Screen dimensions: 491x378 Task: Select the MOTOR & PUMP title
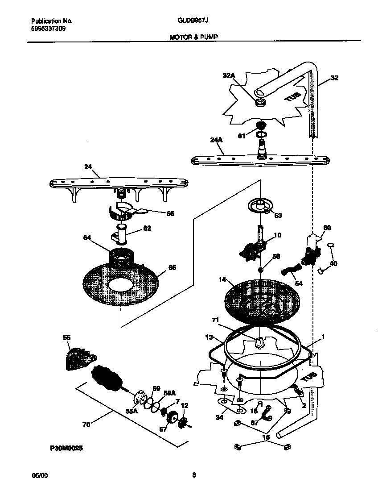pos(193,37)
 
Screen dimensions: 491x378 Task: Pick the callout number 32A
pos(229,76)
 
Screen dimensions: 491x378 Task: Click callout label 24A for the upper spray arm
pos(216,140)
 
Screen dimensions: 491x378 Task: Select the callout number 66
pos(157,214)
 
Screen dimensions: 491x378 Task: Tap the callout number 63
pos(278,216)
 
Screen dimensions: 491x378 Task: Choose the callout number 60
pos(327,228)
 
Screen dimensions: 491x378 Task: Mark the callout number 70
pos(86,424)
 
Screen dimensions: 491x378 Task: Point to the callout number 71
pos(215,320)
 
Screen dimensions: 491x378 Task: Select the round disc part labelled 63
pos(258,206)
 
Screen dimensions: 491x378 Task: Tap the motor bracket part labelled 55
pos(80,358)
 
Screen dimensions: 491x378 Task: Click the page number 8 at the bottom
pos(194,474)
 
